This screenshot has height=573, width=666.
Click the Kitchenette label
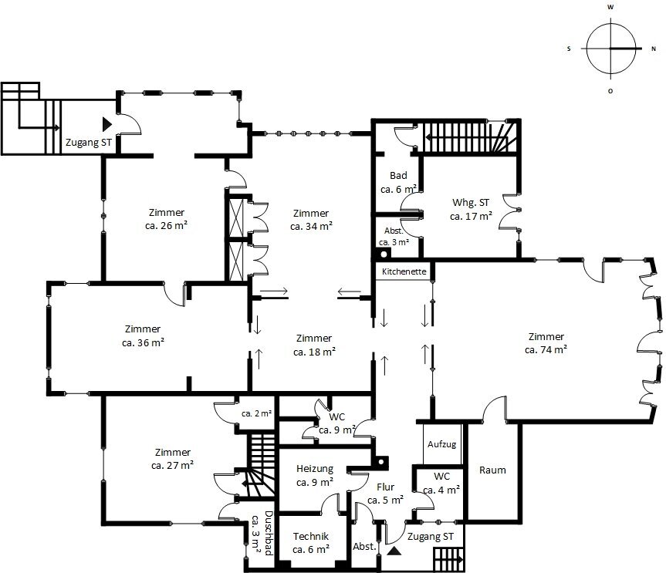click(404, 271)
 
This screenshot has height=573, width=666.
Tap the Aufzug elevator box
click(442, 444)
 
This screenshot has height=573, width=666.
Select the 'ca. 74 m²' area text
click(546, 350)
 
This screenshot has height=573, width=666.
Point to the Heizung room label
click(315, 469)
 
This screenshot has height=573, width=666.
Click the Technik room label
click(311, 536)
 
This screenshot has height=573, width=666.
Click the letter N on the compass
click(654, 49)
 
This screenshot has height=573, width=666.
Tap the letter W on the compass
click(610, 7)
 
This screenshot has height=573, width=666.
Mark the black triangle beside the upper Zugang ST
click(106, 124)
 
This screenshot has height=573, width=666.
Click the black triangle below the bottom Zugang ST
click(394, 551)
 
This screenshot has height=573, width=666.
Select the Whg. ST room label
click(471, 203)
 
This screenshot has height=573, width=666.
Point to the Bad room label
click(398, 175)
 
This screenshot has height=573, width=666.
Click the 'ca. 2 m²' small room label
click(256, 413)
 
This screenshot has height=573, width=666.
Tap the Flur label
click(386, 487)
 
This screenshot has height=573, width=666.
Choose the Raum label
click(492, 470)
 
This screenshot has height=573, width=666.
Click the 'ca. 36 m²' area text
click(143, 342)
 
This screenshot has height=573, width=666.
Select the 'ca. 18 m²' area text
click(314, 352)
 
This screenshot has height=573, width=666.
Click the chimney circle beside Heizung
click(381, 462)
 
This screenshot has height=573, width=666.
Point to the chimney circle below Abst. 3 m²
click(384, 254)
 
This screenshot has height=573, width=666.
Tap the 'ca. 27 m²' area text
click(172, 465)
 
